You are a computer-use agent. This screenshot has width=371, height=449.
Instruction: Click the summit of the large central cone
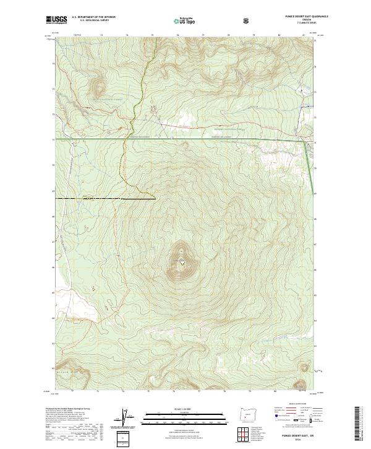[x=181, y=261]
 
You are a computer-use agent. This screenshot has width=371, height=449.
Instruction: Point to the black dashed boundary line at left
[x=105, y=199]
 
